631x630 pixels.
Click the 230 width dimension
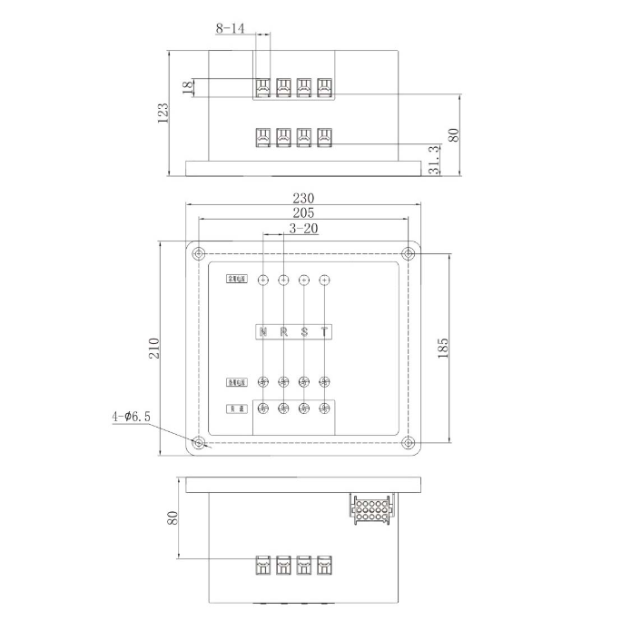(303, 198)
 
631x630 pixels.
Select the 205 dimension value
(303, 213)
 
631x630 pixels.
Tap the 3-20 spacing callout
(303, 230)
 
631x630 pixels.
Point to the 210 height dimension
(154, 348)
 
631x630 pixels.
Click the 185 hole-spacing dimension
(443, 349)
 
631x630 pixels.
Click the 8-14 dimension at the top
(230, 29)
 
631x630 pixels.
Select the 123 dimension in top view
(163, 113)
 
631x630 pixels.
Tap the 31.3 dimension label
(435, 159)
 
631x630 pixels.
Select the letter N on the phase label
(263, 331)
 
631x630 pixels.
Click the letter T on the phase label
(324, 331)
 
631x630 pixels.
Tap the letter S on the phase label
(304, 331)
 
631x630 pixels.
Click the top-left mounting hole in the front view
(198, 253)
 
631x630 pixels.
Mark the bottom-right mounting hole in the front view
(408, 443)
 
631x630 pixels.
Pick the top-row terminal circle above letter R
(283, 281)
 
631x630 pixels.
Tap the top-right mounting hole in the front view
(408, 253)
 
